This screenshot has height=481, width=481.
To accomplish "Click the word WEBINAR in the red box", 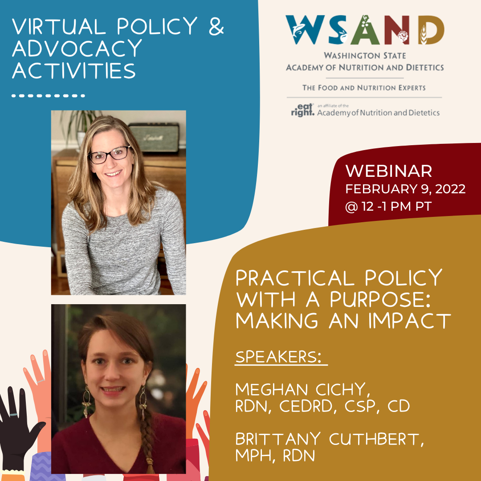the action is point(389,171).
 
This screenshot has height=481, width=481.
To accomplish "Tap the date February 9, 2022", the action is point(405,189).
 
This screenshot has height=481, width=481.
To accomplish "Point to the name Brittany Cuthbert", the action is point(330,439).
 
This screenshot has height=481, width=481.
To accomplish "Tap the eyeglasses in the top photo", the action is point(109,155).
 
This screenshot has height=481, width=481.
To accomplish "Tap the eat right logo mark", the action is point(302,110).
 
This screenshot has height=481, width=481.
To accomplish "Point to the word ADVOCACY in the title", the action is point(77,48).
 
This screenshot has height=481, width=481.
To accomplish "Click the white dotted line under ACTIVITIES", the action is point(48,96).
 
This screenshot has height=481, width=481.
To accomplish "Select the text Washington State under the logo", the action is point(365,56).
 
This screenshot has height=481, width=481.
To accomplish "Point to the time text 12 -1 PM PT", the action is point(397,207).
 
